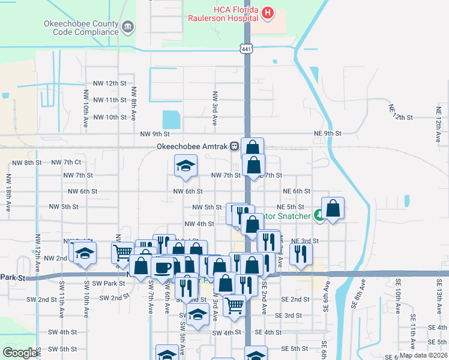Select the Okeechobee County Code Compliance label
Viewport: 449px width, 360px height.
tap(81, 28)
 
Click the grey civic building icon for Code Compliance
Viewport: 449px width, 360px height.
tap(128, 27)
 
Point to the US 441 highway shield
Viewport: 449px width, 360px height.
tap(247, 48)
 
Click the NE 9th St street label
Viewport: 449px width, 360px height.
tap(327, 133)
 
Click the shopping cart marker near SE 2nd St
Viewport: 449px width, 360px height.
tap(234, 305)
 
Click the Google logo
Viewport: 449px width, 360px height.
tap(20, 353)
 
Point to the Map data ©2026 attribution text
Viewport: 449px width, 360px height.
tap(423, 355)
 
